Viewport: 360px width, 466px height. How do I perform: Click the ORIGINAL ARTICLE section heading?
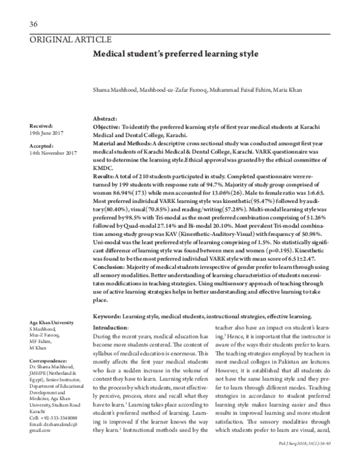click(x=70, y=40)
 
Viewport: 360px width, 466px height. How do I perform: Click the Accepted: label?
click(x=41, y=145)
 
